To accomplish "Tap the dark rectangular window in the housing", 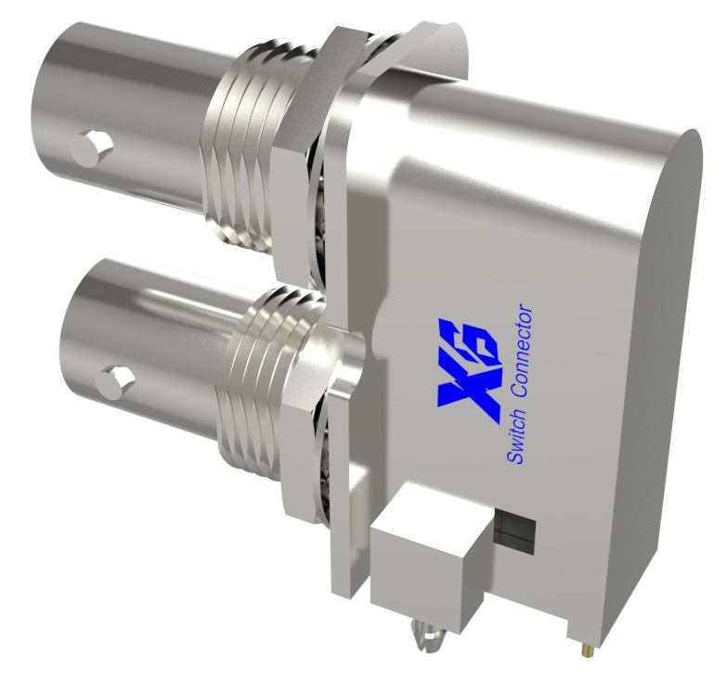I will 515,528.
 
